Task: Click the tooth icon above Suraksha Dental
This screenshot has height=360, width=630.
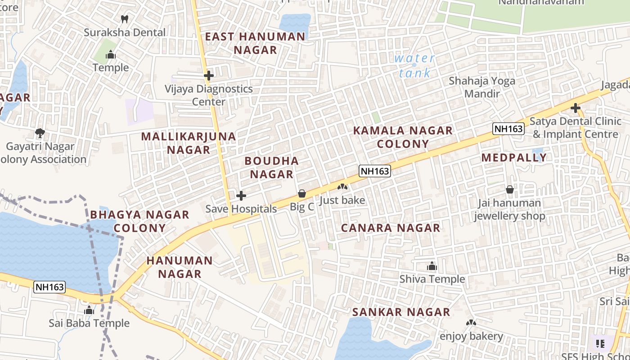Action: point(125,19)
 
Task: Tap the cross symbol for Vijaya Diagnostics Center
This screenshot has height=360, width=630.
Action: point(208,75)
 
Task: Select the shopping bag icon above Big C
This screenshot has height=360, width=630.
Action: point(302,193)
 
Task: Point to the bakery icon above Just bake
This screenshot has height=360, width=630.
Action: point(342,186)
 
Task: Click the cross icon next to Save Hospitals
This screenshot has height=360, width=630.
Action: point(241,196)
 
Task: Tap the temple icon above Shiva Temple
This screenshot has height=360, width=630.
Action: point(432,266)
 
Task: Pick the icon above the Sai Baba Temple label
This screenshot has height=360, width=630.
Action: point(89,310)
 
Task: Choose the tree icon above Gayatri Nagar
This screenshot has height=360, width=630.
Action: point(40,133)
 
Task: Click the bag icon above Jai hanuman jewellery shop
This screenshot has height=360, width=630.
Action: point(510,189)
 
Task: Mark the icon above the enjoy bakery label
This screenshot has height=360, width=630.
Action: point(471,323)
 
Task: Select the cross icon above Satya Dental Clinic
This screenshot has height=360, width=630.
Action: point(575,108)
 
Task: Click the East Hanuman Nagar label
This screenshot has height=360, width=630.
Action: point(255,43)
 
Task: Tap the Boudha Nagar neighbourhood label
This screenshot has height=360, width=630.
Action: point(272,167)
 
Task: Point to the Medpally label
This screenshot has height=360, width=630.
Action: point(514,157)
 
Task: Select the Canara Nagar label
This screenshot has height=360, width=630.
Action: point(390,228)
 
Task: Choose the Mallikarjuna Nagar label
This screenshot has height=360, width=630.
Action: point(189,143)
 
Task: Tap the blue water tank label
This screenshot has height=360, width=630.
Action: point(414,65)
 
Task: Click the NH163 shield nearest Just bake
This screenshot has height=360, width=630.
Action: point(374,171)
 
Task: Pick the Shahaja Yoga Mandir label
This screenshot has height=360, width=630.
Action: point(482,87)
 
